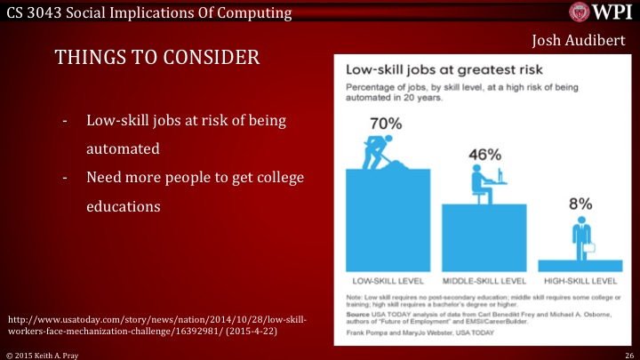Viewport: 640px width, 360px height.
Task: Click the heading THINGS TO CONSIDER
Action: pyautogui.click(x=157, y=58)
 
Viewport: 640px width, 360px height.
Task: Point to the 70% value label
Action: pyautogui.click(x=386, y=124)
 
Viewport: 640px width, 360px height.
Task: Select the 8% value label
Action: pyautogui.click(x=580, y=204)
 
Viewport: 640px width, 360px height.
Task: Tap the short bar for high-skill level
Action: pyautogui.click(x=580, y=265)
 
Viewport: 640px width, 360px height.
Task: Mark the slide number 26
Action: pyautogui.click(x=628, y=353)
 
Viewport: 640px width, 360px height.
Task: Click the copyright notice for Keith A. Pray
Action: pyautogui.click(x=41, y=353)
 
